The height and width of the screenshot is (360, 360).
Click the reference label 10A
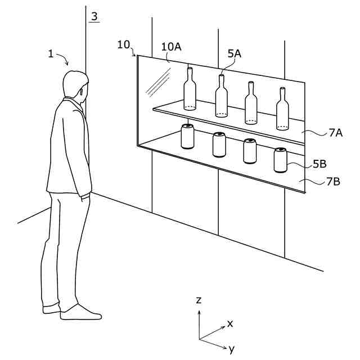[172, 47]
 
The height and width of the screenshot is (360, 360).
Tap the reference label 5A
[234, 53]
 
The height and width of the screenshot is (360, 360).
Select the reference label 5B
[320, 164]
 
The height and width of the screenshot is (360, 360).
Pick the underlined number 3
[94, 16]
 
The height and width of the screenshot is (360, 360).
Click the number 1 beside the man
[51, 54]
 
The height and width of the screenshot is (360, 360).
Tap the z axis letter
[199, 300]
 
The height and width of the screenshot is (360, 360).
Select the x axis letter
[229, 323]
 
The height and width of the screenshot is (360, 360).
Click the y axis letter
[231, 349]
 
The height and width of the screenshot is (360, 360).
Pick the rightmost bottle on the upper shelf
[282, 110]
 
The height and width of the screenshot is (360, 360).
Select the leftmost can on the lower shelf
[187, 137]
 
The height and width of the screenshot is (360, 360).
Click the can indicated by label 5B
[280, 160]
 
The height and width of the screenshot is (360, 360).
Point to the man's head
[74, 86]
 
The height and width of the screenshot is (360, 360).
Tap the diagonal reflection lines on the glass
[159, 82]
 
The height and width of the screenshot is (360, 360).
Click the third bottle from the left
[251, 103]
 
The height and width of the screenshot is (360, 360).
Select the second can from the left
[219, 145]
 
